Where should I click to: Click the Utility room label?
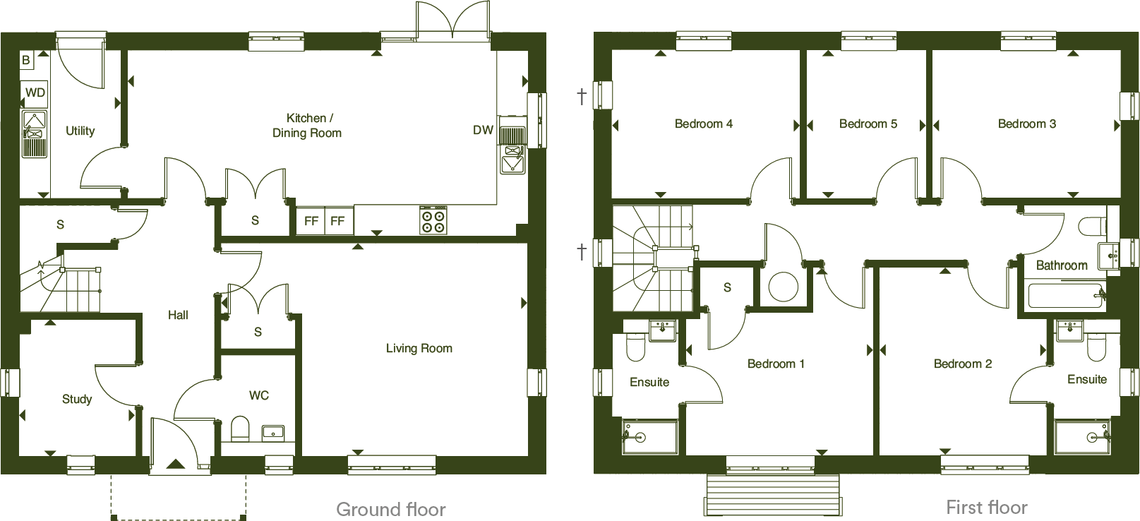80,131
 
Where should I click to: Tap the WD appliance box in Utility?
35,92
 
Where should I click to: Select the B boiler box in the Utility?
26,60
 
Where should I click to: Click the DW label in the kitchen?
483,130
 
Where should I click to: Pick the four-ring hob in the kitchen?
433,220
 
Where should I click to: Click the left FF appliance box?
311,221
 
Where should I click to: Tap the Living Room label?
419,348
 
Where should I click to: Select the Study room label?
77,399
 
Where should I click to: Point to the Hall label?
178,315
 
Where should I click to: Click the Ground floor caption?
390,509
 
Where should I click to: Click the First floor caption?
986,507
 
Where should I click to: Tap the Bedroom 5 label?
868,124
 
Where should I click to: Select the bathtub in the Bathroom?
1066,295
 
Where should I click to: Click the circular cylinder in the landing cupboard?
783,287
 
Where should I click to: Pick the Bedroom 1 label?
776,364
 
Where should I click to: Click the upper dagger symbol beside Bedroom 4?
582,96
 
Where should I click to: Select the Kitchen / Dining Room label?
307,125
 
